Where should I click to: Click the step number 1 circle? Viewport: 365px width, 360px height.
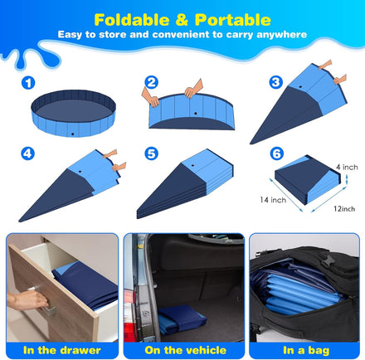click(29, 82)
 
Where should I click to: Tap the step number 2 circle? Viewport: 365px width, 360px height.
click(151, 82)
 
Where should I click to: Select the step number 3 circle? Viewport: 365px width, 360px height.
click(275, 82)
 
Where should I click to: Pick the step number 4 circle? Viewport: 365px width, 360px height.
click(29, 153)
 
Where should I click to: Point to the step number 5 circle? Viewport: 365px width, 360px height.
click(151, 153)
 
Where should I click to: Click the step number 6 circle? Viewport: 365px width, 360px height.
click(275, 153)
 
